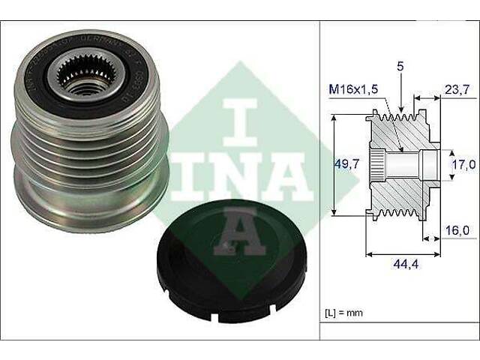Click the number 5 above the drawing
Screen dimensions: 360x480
pyautogui.click(x=401, y=67)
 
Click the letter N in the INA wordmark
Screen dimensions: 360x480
pyautogui.click(x=241, y=177)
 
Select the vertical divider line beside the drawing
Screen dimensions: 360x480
pyautogui.click(x=320, y=180)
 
